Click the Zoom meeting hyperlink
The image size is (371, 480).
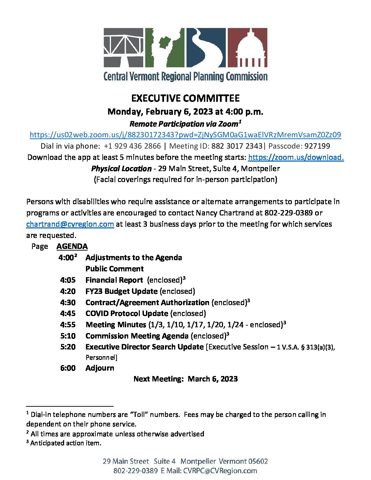coord(185,135)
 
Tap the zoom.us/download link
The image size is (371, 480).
coord(296,157)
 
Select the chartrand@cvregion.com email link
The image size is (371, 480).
coord(70,224)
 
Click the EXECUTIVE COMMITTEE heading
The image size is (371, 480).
coord(185,98)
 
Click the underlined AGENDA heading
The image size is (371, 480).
coord(72,246)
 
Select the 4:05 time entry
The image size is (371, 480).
coord(68,280)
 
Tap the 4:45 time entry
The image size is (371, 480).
coord(68,313)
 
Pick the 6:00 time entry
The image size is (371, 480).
coord(68,368)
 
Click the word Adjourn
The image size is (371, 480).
coord(100,368)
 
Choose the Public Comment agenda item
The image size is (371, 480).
coord(115,269)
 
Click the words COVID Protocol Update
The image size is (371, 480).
coord(127,313)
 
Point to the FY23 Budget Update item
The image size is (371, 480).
coord(121,291)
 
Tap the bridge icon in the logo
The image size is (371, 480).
coord(123,47)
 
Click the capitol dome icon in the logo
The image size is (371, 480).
coord(247,47)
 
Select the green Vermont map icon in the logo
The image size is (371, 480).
coord(165,47)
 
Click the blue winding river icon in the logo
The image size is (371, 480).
coord(206,47)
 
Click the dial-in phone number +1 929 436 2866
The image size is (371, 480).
coord(132,146)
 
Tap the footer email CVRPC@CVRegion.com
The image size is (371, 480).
coord(220,471)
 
